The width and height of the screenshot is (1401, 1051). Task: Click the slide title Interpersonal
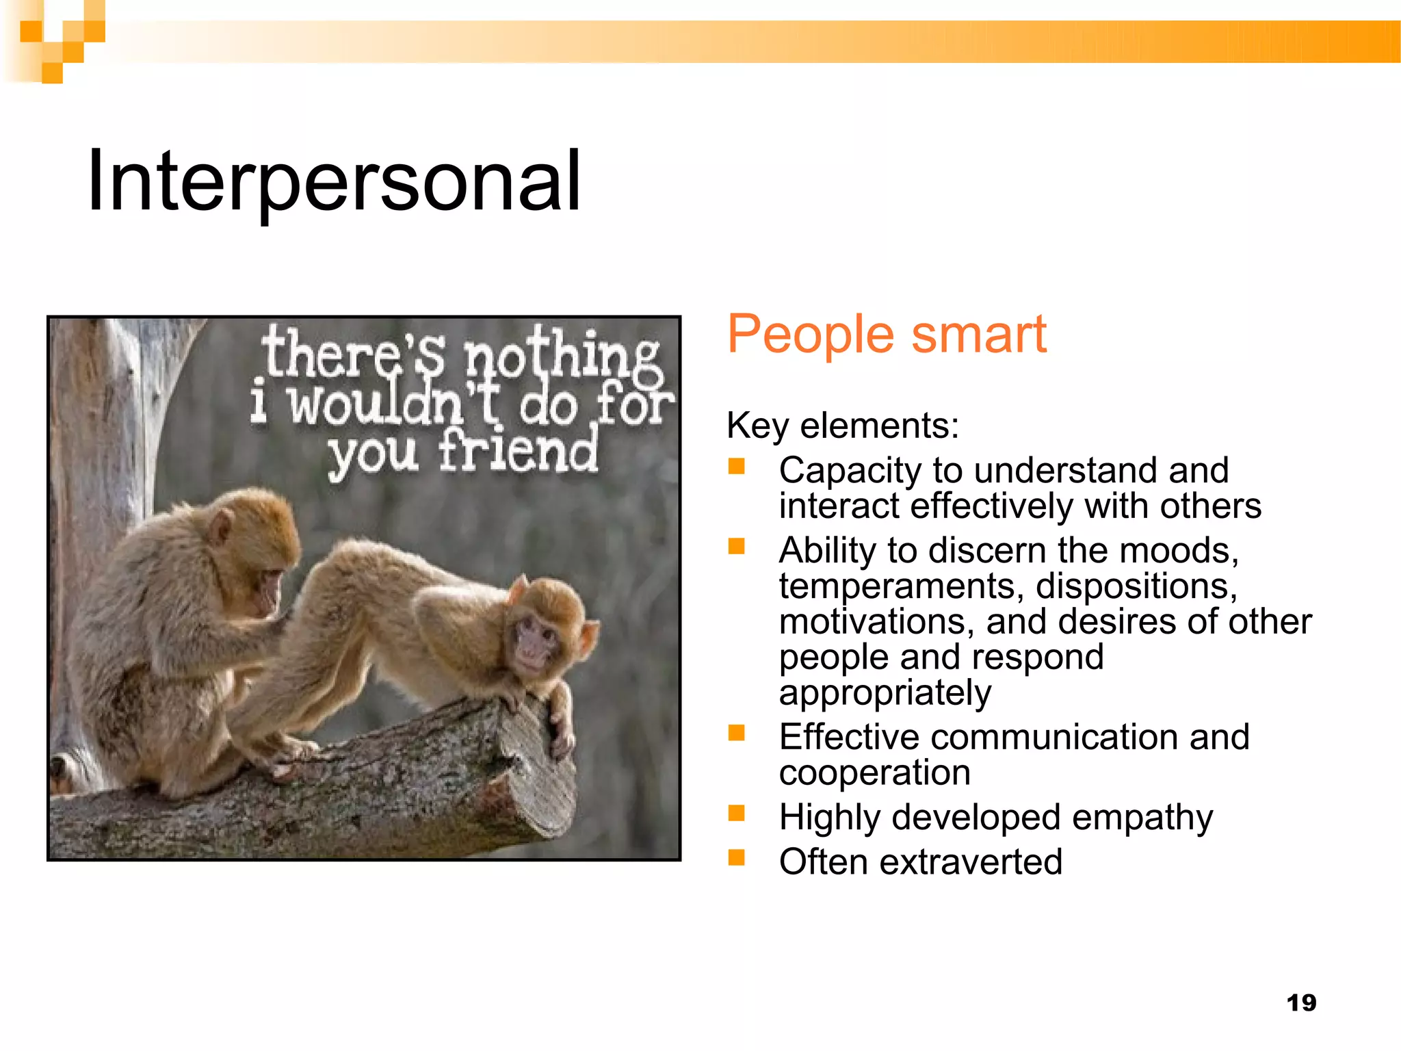pos(334,182)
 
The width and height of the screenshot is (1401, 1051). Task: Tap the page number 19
pos(1301,1002)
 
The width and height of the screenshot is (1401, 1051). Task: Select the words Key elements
pos(842,426)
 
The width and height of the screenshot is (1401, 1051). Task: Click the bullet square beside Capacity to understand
pos(736,467)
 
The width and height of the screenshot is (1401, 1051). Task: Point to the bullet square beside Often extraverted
pos(736,857)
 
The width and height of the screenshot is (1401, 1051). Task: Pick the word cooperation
pos(874,773)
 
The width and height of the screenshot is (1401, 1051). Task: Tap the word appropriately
pos(885,693)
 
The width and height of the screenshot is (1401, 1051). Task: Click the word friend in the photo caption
pos(518,452)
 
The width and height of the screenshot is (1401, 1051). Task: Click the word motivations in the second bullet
pos(876,622)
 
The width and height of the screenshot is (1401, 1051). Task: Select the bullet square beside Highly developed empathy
pos(736,813)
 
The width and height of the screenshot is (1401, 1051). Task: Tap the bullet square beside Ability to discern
pos(736,546)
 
